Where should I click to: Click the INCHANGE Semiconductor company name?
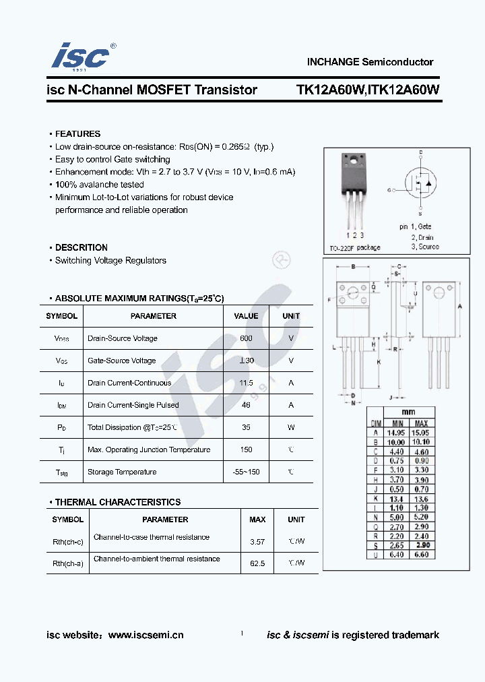pos(370,61)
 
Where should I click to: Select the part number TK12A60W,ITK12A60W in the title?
pos(368,90)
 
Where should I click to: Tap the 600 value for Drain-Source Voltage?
pos(246,338)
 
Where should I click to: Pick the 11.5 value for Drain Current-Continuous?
pos(246,383)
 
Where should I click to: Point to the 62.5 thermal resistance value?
pos(257,563)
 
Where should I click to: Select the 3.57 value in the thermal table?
pos(257,541)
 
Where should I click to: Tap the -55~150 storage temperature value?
pos(246,472)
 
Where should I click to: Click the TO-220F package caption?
pos(354,247)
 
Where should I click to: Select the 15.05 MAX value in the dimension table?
pos(420,432)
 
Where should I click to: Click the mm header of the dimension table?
pos(408,412)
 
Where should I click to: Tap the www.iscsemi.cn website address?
pos(145,635)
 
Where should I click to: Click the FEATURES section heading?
pos(77,134)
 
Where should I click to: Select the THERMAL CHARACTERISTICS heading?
pos(117,502)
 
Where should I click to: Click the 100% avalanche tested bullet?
pos(99,185)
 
